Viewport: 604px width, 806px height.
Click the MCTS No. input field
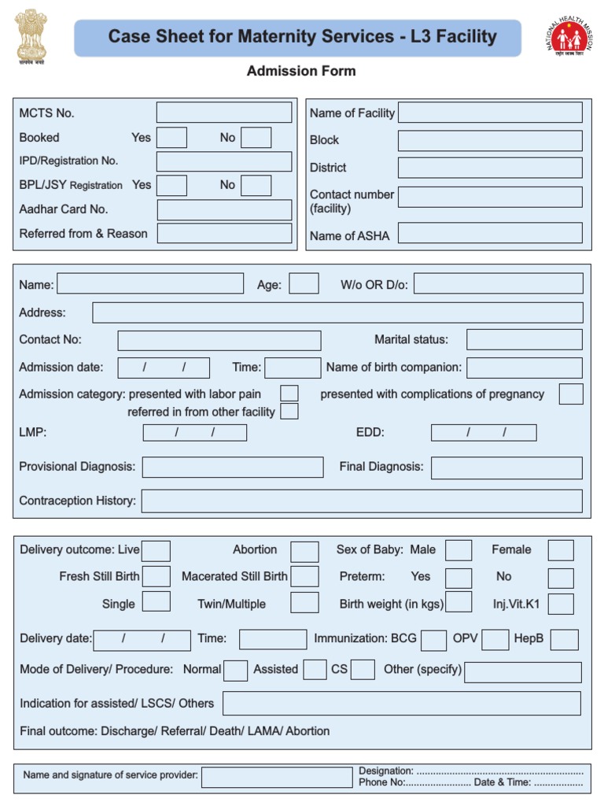(224, 113)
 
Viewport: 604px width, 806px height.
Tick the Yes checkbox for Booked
(172, 138)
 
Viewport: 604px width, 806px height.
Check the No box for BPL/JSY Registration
(256, 185)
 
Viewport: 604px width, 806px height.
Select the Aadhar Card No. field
(224, 209)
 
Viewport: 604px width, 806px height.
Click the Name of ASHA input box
(490, 233)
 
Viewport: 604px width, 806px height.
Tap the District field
(490, 168)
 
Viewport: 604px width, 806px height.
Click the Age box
(304, 284)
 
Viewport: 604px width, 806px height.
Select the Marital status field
(525, 340)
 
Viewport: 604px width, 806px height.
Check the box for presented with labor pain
(289, 394)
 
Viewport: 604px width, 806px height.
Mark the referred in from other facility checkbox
(289, 412)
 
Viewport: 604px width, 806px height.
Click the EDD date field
(484, 432)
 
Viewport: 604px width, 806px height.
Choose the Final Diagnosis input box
(506, 468)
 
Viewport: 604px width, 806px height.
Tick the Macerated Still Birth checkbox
(304, 577)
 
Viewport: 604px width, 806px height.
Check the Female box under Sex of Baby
(561, 550)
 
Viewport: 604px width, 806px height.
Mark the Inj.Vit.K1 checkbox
(561, 604)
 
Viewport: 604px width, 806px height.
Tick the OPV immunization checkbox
(495, 640)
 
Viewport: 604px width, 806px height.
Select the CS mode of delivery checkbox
(363, 670)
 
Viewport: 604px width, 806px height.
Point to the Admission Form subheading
(301, 71)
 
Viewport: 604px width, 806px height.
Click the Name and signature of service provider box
(277, 777)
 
